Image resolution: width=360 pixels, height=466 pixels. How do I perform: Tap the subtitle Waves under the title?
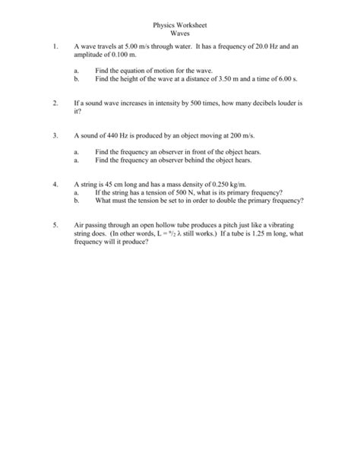(x=180, y=34)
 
